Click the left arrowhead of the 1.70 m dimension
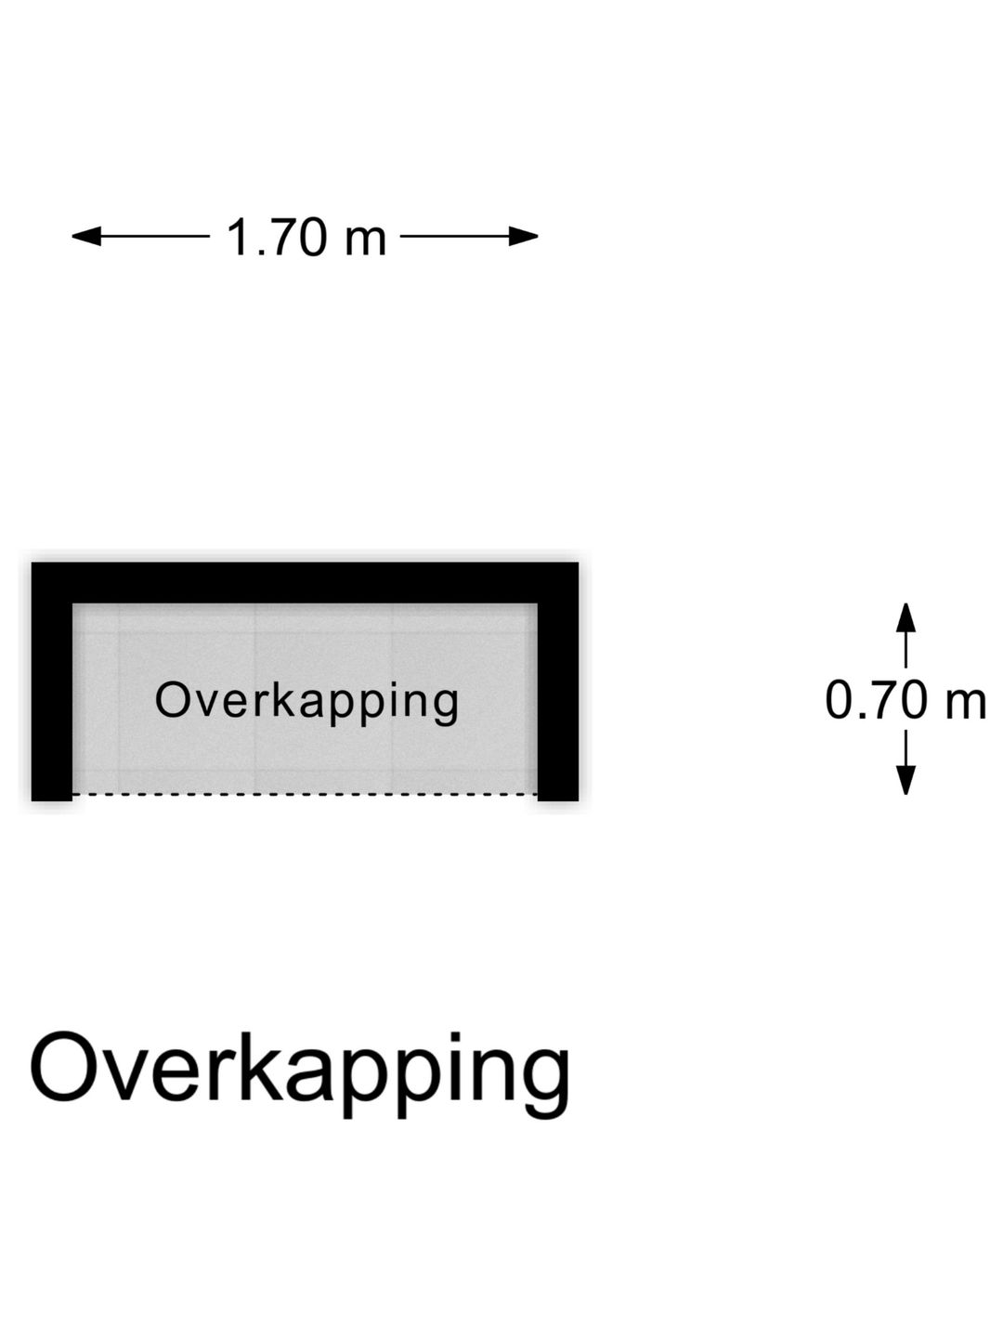click(86, 237)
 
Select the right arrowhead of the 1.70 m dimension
click(524, 237)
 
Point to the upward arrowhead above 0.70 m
click(906, 617)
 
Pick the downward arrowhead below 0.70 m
click(906, 780)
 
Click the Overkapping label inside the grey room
click(306, 703)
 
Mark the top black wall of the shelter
click(306, 582)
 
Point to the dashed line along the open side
click(306, 794)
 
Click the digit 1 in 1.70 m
click(238, 237)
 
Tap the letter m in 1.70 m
click(366, 241)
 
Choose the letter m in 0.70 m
click(965, 706)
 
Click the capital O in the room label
click(173, 700)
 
